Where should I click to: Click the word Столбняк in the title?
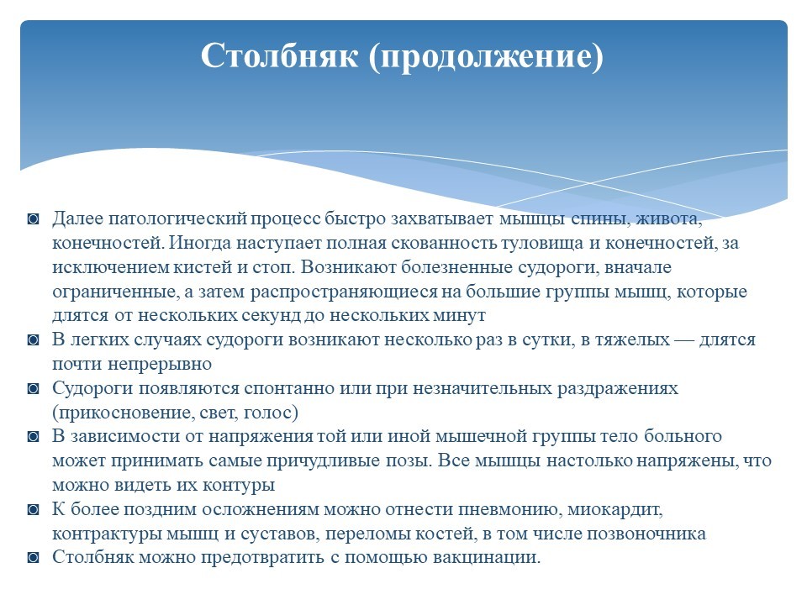tap(279, 55)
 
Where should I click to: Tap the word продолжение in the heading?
tap(486, 56)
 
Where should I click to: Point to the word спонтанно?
tap(289, 388)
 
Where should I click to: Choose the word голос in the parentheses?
tap(270, 413)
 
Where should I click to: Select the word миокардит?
tap(614, 510)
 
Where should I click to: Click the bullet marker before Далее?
tap(34, 219)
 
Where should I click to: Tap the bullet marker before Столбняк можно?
tap(34, 558)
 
